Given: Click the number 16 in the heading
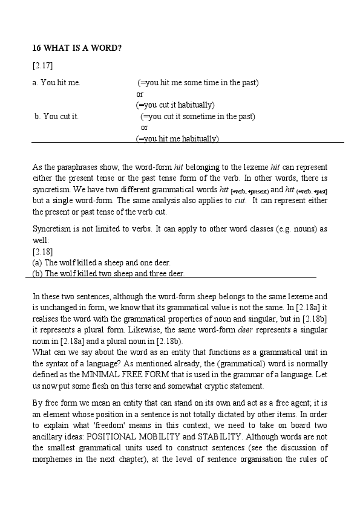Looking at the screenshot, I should (x=36, y=48).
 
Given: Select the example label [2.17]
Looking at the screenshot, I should (x=42, y=65).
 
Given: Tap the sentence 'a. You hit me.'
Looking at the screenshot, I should (x=56, y=82).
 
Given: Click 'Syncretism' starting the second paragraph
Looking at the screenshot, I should (x=51, y=229).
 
